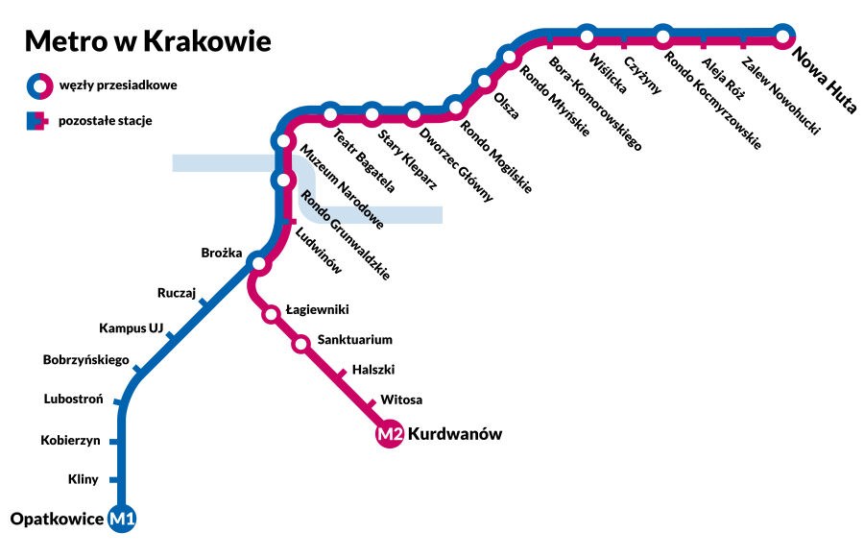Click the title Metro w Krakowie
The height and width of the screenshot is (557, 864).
pos(147,41)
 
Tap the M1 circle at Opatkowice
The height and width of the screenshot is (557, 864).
pos(123,520)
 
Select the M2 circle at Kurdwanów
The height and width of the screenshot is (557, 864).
pos(389,435)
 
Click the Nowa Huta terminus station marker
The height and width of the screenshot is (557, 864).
pos(783,37)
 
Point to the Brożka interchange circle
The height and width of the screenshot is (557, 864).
pos(257,262)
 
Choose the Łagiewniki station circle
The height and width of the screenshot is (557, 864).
pos(272,312)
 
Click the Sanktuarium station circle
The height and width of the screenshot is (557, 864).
pos(300,343)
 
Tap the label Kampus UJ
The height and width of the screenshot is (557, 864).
pos(131,328)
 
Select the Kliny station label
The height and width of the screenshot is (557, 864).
pos(84,477)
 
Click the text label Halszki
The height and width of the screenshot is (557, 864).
pos(373,369)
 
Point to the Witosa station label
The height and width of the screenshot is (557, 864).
pos(401,400)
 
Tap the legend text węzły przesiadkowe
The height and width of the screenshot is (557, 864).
pos(118,85)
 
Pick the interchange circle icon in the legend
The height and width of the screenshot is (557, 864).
pos(38,85)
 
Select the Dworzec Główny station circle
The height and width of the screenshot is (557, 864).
pos(414,114)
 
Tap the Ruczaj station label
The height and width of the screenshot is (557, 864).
pos(177,293)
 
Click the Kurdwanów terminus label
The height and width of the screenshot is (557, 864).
pos(455,434)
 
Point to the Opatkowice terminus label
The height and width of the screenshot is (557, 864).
pos(57,520)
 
